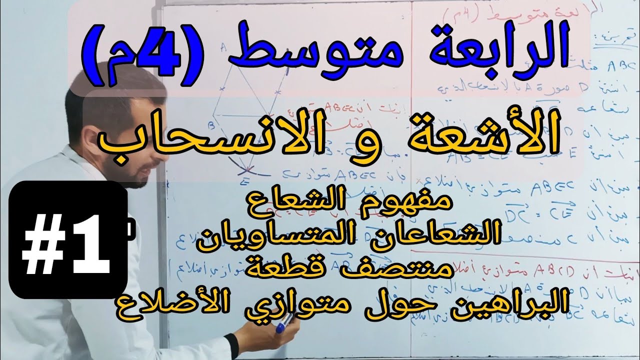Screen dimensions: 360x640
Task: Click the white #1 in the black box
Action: (67, 240)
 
